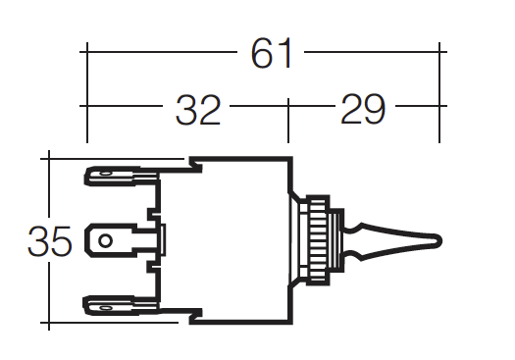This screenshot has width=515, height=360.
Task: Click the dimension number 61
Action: click(x=272, y=53)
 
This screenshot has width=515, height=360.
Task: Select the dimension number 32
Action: click(x=198, y=110)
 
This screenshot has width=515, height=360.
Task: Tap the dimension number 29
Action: click(x=363, y=109)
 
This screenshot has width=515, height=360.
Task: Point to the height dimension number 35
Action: click(x=49, y=241)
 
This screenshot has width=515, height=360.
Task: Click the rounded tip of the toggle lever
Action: click(x=438, y=241)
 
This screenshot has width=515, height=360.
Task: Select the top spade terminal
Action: click(x=122, y=176)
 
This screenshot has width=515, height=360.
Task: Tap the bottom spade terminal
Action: click(x=122, y=306)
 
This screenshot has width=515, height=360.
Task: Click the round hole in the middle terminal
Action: click(x=105, y=241)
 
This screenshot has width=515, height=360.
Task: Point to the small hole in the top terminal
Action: click(x=105, y=174)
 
